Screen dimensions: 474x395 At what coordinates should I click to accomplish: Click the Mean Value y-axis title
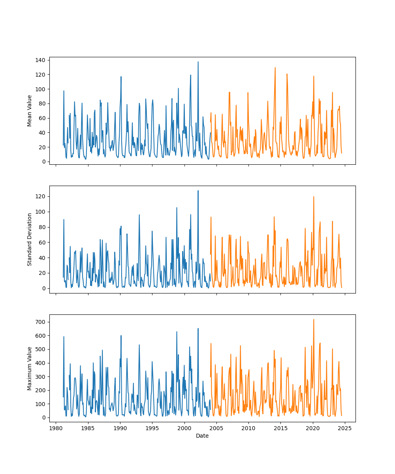30,111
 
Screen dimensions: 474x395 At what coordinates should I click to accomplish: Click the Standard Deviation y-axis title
30,239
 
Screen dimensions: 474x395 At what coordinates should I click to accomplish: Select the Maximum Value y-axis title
30,368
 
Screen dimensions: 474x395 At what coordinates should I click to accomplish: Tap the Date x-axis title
202,436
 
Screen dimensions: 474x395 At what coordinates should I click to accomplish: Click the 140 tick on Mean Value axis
41,60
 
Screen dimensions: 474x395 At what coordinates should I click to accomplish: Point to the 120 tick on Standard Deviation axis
41,196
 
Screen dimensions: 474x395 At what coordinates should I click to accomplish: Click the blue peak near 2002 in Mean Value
198,62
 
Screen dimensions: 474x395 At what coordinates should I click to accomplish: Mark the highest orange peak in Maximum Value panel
314,320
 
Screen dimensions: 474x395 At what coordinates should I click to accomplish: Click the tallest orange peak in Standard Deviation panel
314,197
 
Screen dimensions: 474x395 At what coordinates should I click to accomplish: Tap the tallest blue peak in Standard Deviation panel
198,191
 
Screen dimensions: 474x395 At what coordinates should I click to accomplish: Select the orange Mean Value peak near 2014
275,68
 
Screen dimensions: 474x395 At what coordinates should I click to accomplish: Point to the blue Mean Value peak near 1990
121,77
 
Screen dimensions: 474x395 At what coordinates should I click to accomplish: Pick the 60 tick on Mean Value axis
43,118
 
